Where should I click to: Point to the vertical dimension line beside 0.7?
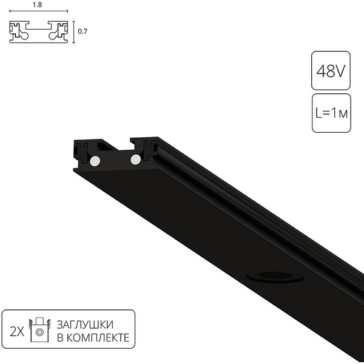coord(74,32)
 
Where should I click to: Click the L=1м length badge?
coord(330,113)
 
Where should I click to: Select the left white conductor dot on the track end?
coord(95,161)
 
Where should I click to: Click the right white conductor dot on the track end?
coord(135,159)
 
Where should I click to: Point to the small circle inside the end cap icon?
coord(40,332)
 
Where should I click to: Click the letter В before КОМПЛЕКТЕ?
coord(60,337)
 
